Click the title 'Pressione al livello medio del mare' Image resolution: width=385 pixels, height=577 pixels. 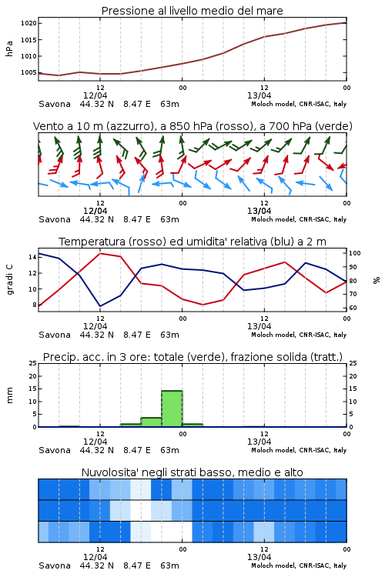192,11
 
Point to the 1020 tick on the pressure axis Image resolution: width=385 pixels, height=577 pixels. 28,23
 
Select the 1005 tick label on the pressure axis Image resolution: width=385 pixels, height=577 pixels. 28,72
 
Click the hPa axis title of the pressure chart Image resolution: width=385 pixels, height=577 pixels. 9,48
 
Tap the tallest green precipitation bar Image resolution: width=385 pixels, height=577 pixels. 172,409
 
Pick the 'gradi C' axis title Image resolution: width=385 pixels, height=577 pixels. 10,280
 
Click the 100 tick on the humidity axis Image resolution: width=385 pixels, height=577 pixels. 355,253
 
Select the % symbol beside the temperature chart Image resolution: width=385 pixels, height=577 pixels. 377,280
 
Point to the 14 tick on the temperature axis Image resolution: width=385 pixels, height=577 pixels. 32,257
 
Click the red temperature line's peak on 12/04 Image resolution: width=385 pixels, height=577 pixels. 100,253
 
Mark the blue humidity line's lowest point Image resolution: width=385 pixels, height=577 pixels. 100,306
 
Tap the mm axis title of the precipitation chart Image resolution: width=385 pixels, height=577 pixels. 9,395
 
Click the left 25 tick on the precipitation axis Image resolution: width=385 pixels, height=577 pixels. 32,363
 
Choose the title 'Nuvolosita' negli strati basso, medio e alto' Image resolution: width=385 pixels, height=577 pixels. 192,472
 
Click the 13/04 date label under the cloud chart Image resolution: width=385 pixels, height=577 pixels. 259,557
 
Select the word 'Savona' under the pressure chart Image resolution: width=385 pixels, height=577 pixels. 55,104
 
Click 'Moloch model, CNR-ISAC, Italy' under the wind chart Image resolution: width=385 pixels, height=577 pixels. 299,220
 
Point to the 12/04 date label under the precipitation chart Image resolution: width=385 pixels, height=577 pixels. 95,442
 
